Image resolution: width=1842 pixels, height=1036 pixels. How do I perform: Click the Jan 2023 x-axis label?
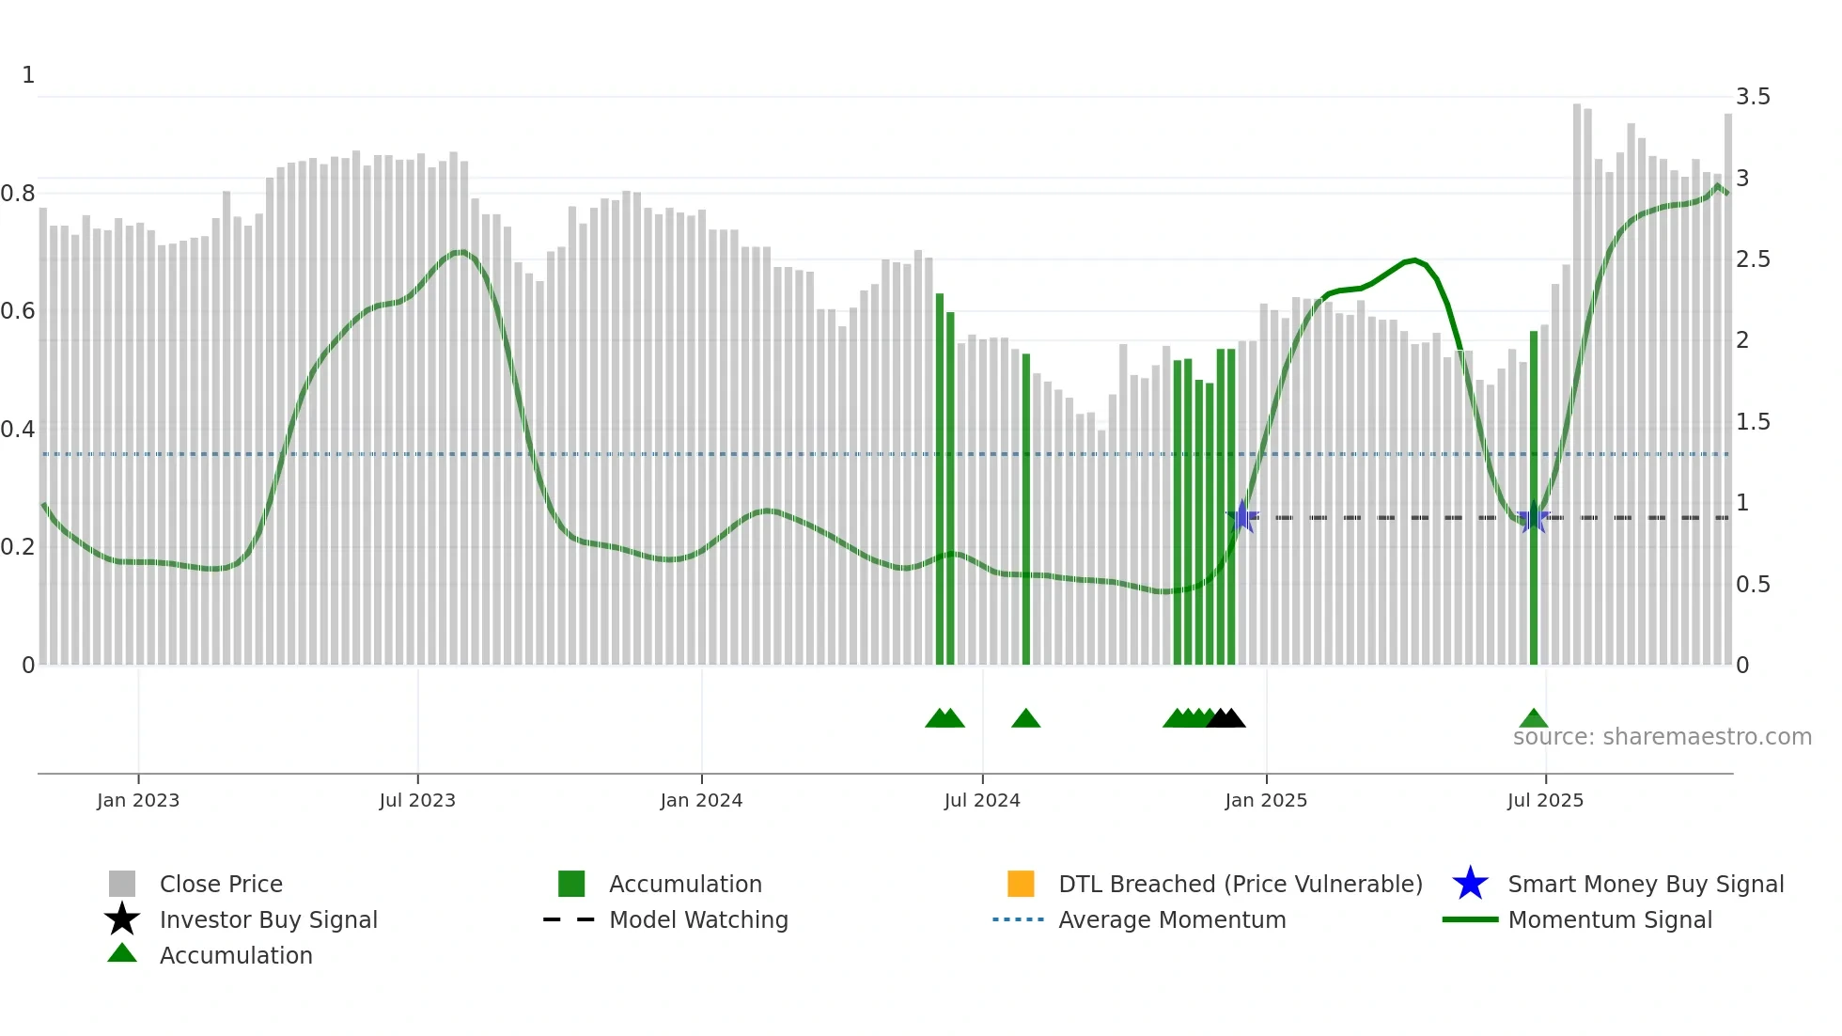pos(137,800)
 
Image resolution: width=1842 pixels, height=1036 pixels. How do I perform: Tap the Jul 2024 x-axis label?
pos(981,800)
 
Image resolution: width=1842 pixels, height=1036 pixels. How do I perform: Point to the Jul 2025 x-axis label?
pos(1544,800)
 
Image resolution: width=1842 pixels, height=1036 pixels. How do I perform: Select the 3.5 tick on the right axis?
pos(1752,97)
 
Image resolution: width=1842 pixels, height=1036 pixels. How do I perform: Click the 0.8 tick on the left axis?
pos(18,194)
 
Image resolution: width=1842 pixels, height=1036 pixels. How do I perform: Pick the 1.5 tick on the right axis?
pos(1752,422)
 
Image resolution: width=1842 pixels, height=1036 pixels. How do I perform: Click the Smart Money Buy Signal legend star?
pos(1470,884)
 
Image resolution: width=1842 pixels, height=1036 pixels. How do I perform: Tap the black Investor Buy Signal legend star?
pos(122,919)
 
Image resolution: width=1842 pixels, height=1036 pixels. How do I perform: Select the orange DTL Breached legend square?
pos(1021,884)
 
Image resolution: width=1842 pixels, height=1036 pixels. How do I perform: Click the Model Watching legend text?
pos(698,919)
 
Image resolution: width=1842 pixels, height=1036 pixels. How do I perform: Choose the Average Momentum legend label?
pos(1172,919)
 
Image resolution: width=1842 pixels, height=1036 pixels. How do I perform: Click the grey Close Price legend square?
pos(122,884)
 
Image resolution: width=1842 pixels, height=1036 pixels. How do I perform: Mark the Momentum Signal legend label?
pos(1610,919)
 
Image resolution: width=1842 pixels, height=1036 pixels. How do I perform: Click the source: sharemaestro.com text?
pos(1662,737)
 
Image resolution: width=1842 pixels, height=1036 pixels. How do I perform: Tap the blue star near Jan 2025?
pos(1242,516)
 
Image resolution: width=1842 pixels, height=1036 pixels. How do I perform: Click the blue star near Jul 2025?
pos(1533,517)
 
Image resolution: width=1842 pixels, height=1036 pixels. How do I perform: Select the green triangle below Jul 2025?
pos(1533,719)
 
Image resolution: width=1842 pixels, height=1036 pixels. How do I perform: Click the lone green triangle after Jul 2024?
pos(1025,719)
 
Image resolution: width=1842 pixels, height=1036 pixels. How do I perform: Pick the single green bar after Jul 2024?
pos(1025,508)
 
